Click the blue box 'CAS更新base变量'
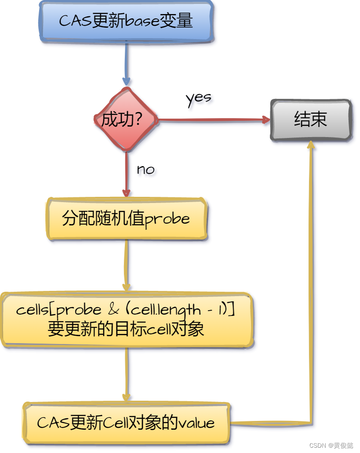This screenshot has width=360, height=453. tap(126, 22)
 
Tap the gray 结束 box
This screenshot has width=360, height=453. tap(311, 120)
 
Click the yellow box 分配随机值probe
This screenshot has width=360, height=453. tap(126, 219)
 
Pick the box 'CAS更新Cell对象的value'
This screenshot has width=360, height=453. tap(126, 423)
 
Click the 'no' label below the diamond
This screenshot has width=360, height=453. tap(145, 169)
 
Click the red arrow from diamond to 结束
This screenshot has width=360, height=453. tap(211, 120)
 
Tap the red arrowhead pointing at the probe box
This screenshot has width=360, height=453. tap(126, 192)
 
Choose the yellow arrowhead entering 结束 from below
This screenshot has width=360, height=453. tap(311, 145)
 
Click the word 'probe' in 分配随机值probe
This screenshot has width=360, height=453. tap(167, 219)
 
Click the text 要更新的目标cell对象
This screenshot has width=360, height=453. tap(126, 329)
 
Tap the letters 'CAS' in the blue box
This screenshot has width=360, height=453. tap(75, 22)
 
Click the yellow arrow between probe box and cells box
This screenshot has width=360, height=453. tap(126, 266)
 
